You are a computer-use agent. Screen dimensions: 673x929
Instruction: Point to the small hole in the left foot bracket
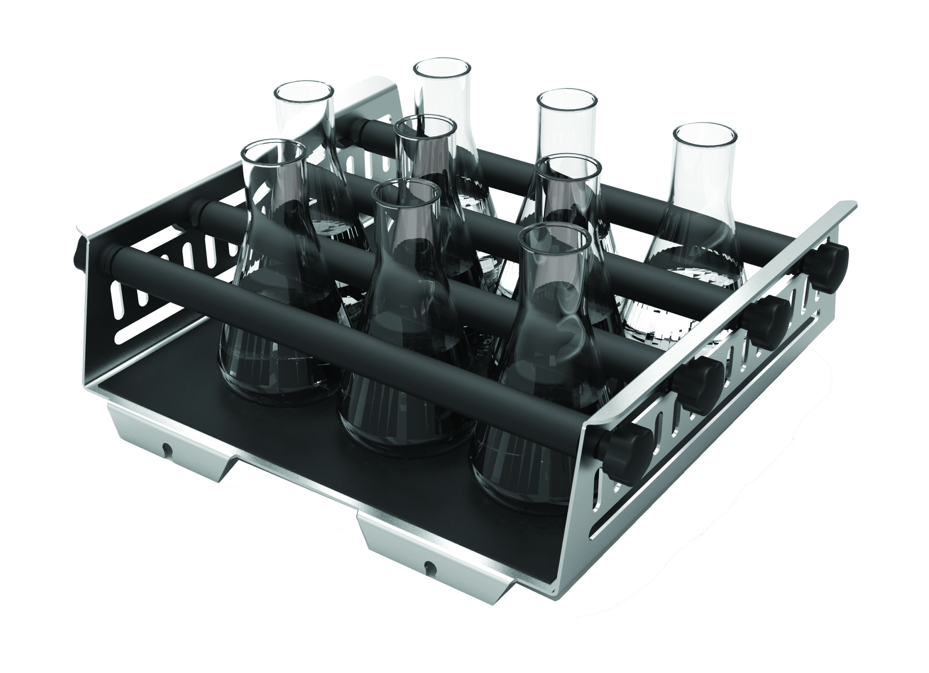pos(166,449)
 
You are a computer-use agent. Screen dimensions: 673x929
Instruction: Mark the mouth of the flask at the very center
pos(425,127)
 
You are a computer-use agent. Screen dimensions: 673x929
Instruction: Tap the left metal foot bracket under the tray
pos(172,442)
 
